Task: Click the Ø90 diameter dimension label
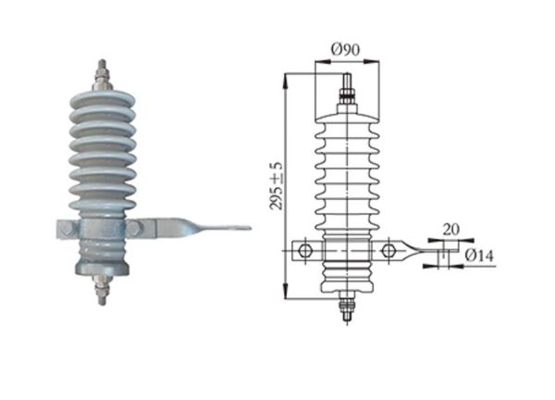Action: point(347,49)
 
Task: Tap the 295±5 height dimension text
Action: point(277,185)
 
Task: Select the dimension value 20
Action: point(451,229)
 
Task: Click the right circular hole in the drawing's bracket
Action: point(388,249)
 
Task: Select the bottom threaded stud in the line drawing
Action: point(347,306)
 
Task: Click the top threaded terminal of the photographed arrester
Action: point(100,75)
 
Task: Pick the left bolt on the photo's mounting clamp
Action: point(68,228)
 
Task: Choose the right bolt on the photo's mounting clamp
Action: point(135,228)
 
